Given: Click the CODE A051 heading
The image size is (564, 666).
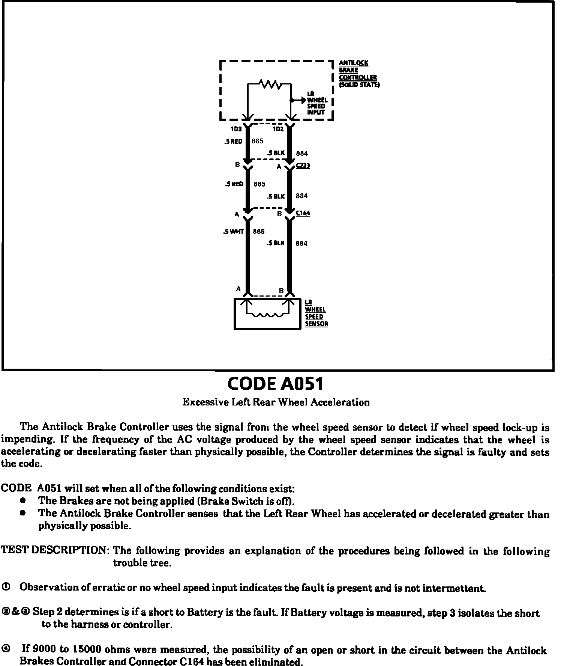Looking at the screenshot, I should click(276, 384).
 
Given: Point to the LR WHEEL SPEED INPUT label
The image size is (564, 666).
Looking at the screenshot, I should click(317, 103).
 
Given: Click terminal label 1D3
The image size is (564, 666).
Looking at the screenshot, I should click(236, 129).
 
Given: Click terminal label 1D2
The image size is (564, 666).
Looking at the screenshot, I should click(278, 129).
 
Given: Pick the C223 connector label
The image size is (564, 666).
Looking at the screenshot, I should click(303, 166).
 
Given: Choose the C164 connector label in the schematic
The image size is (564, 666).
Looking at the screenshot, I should click(303, 213).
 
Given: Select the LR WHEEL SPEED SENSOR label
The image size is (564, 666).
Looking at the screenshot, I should click(316, 313).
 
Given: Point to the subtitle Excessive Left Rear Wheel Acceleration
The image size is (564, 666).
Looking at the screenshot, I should click(276, 402).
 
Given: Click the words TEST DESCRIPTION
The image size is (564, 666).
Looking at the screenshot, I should click(55, 550).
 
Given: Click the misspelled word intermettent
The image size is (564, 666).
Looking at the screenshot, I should click(454, 588).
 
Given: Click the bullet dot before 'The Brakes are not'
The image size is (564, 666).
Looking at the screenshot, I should click(23, 500).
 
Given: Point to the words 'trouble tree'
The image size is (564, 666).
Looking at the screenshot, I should click(142, 563).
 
